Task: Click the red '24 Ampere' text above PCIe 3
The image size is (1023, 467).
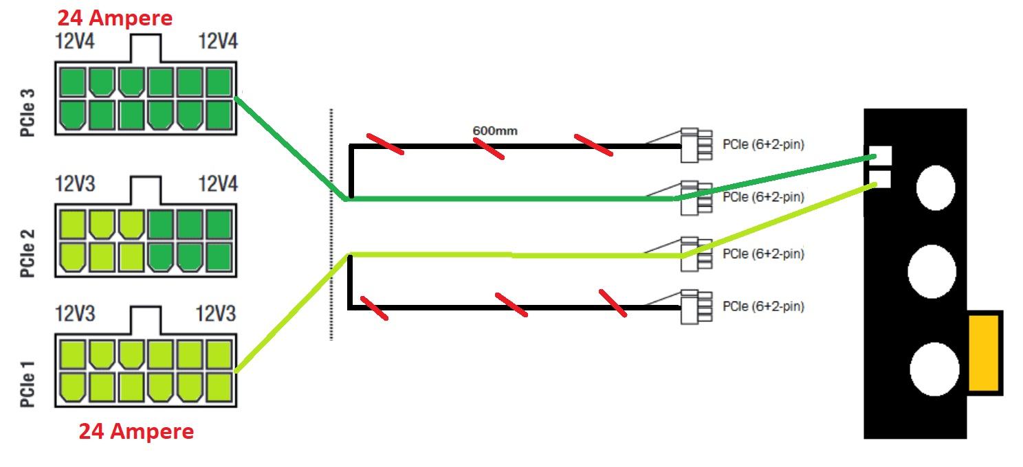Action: (x=115, y=18)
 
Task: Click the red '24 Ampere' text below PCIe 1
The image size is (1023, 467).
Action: (x=136, y=431)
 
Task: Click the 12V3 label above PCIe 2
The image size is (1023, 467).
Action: (x=76, y=184)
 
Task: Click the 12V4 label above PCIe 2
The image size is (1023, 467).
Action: (x=218, y=184)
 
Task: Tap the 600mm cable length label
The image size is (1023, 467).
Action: (x=495, y=130)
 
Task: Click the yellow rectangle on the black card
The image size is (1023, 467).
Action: (x=984, y=352)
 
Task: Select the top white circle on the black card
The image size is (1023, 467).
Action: (x=935, y=187)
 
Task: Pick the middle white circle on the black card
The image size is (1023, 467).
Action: (x=932, y=271)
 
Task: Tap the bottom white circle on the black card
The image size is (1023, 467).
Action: (x=934, y=369)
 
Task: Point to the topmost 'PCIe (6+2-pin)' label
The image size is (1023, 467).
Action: (x=763, y=145)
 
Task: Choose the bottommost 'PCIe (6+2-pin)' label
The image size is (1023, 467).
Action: (x=763, y=306)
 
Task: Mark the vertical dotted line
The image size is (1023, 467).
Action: (x=331, y=223)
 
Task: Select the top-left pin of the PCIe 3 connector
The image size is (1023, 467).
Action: (x=72, y=82)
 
